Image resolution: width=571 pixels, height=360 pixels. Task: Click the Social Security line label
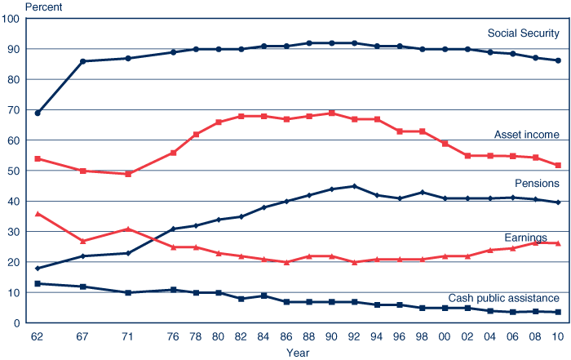(523, 33)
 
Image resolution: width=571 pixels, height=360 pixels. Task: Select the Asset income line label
(526, 135)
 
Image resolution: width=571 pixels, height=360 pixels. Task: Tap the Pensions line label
(536, 183)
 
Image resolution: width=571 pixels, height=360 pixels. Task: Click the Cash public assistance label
(503, 299)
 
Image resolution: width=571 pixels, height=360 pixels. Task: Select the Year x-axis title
(298, 353)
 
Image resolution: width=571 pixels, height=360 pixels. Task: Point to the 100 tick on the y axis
(12, 19)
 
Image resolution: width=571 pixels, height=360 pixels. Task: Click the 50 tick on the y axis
(15, 171)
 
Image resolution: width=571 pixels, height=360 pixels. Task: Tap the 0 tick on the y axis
(18, 323)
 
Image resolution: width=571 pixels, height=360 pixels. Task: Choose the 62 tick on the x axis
(37, 336)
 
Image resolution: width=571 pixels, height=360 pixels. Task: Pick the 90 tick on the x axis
(331, 336)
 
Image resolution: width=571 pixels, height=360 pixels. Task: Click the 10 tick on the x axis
(558, 336)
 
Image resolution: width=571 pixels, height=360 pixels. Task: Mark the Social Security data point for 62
(38, 113)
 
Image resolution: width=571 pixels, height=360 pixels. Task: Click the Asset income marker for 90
(331, 113)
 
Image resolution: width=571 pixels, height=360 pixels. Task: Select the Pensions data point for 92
(354, 186)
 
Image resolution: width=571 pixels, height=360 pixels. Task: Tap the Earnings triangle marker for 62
(38, 213)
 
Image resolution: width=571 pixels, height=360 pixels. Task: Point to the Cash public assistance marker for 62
(38, 283)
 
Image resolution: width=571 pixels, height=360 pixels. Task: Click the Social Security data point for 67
(82, 61)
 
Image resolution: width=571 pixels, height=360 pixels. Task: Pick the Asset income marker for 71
(128, 174)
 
